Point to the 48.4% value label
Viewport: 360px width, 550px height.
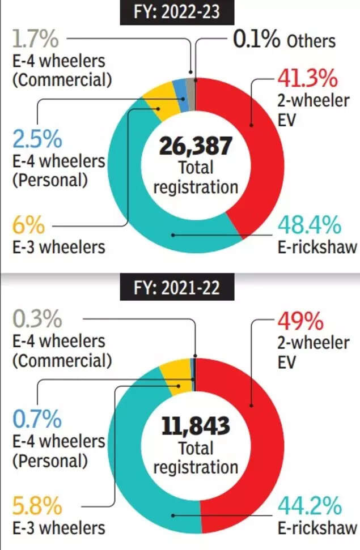point(310,225)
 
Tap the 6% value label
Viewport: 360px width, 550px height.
point(27,225)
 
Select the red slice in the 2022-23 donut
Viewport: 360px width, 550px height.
point(255,142)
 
